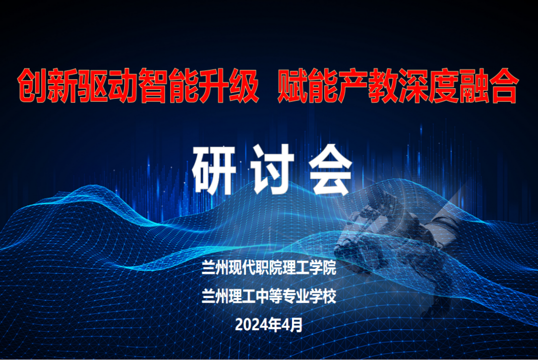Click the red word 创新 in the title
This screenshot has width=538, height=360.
point(47,86)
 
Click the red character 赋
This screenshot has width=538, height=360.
point(292,86)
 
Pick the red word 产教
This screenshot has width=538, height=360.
point(353,86)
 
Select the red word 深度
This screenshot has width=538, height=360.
point(414,86)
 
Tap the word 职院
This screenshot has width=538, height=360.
point(268,268)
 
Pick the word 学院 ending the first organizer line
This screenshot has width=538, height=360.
point(322,268)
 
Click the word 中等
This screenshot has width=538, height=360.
point(268,296)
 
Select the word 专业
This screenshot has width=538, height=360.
point(295,296)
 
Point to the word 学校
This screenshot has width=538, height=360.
point(322,296)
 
